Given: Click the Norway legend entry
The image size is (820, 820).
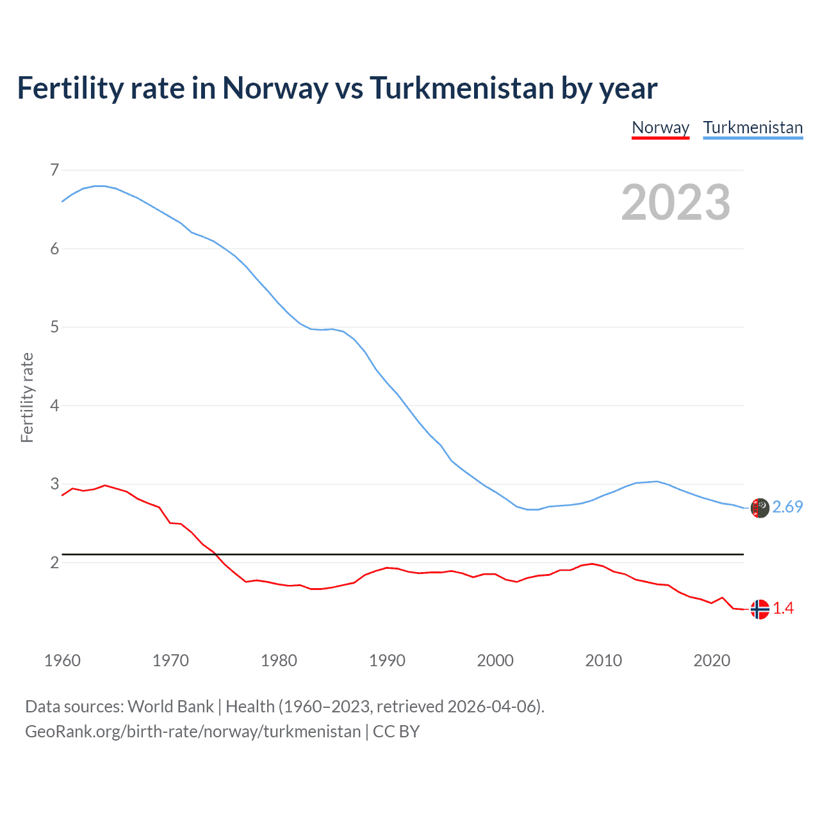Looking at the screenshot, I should click(x=660, y=127).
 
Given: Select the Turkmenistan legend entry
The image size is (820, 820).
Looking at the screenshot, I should click(x=753, y=127).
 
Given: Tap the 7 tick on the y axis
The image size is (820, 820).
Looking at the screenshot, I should click(x=54, y=170).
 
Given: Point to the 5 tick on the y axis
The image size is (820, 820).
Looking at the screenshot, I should click(x=54, y=327).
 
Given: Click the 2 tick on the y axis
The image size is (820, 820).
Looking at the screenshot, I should click(x=54, y=562).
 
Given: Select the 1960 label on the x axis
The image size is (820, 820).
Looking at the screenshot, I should click(x=62, y=660).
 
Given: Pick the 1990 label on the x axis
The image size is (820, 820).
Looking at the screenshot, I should click(x=387, y=660).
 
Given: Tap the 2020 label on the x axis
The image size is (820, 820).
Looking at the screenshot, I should click(x=712, y=660).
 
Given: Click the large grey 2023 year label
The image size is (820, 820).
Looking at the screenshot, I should click(x=675, y=202).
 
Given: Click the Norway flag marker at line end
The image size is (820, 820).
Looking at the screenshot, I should click(x=760, y=609).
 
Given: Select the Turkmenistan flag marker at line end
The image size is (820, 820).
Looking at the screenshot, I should click(x=760, y=508).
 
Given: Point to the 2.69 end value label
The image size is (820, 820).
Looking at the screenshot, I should click(x=787, y=507).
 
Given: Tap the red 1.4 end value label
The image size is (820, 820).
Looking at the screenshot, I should click(x=783, y=608).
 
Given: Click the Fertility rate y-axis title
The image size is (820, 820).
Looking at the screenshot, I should click(x=27, y=397).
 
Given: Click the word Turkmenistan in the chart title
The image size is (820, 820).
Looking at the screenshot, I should click(x=461, y=88).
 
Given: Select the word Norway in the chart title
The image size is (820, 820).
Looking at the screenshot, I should click(x=275, y=88).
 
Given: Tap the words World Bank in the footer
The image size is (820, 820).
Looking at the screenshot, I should click(x=170, y=706).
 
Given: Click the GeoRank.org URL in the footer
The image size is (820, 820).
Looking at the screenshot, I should click(x=192, y=732).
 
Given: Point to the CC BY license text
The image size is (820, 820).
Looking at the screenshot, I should click(x=396, y=732).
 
